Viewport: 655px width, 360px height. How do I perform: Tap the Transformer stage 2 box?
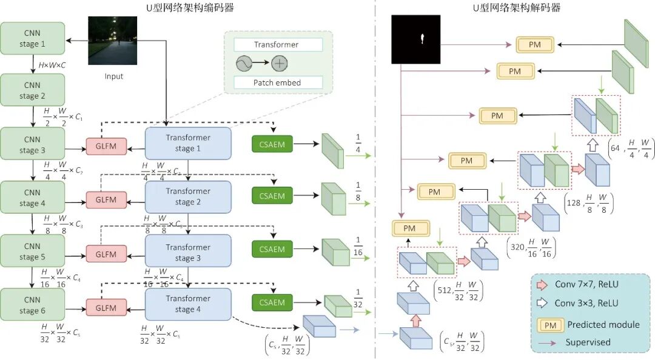(x=188, y=196)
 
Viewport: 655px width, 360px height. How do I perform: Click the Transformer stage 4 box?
(x=188, y=304)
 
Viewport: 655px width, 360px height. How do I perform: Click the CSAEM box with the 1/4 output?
(x=272, y=144)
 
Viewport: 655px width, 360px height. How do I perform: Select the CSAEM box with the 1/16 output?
(x=272, y=249)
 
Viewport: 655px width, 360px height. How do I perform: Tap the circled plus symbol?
(x=279, y=64)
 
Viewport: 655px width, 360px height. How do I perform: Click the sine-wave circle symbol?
(x=244, y=64)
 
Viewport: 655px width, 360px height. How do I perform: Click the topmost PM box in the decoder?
(x=535, y=44)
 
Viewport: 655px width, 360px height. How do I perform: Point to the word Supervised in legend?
(x=588, y=342)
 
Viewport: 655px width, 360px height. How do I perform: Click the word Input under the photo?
(x=113, y=76)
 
